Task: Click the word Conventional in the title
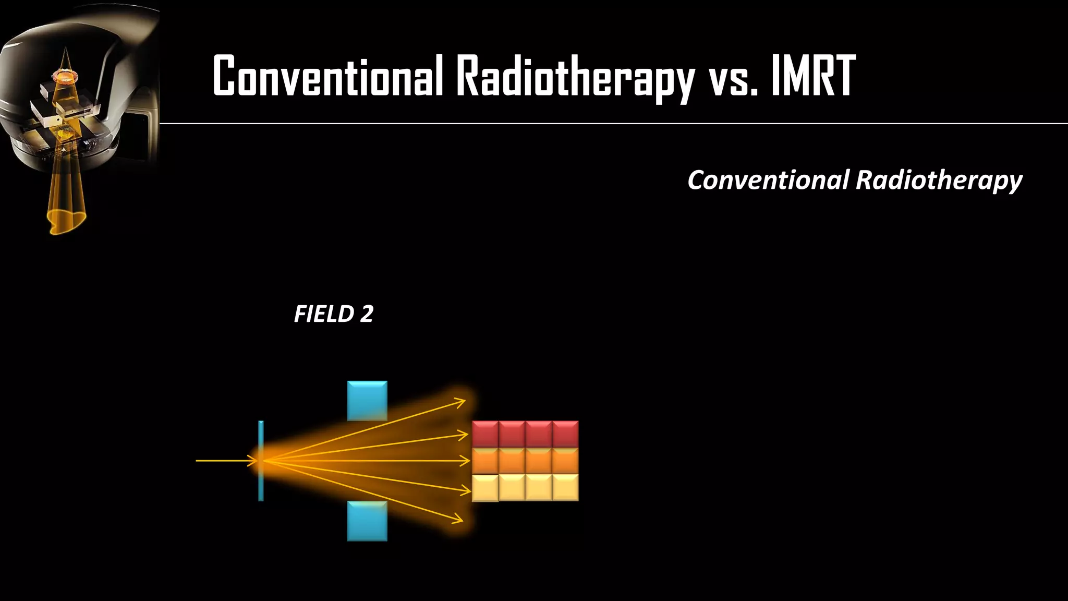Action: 327,77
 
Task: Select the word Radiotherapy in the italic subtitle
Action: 939,181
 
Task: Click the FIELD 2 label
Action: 334,314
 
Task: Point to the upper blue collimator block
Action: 367,401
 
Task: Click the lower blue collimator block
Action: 367,521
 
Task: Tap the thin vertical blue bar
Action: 261,461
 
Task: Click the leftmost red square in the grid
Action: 485,434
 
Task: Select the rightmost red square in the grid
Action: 565,434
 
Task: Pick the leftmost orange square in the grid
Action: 485,461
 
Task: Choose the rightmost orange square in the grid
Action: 565,461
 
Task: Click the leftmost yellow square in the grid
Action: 485,488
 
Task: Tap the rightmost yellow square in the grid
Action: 565,488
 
